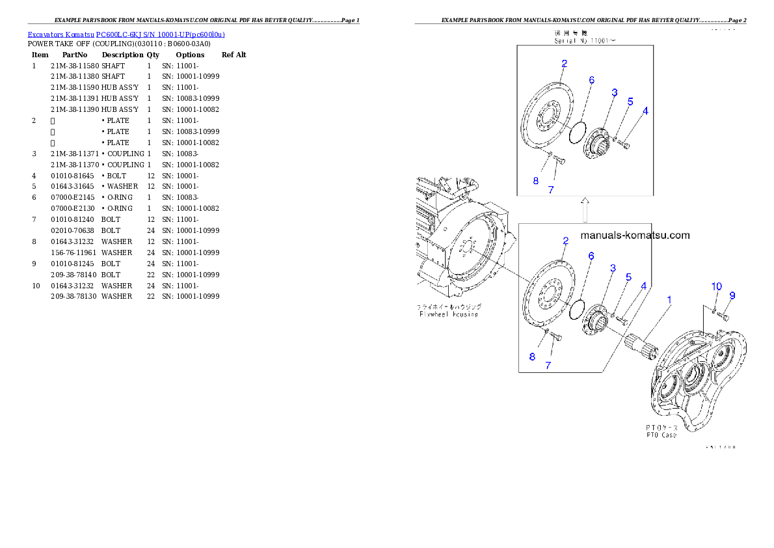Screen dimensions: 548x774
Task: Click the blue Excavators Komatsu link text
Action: pos(126,34)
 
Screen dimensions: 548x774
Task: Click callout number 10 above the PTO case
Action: pos(716,286)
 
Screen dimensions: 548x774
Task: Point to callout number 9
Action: pos(732,295)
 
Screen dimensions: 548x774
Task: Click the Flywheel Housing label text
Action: pos(448,314)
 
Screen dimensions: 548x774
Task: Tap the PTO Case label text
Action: pos(661,434)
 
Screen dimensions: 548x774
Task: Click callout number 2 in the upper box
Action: pos(564,64)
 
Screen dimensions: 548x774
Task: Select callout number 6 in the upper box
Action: pos(592,80)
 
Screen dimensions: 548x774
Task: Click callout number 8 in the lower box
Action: pos(532,357)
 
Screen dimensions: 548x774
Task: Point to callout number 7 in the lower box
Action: pos(548,365)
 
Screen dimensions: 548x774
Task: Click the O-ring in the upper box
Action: pos(577,133)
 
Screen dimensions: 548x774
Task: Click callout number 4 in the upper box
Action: pos(645,111)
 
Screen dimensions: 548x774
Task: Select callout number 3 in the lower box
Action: pos(613,268)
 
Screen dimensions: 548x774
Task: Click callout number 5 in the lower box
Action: pos(628,277)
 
